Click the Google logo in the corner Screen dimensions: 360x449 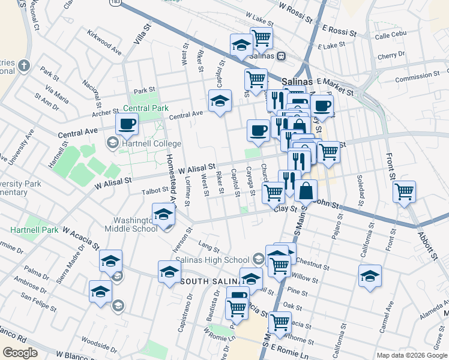point(20,353)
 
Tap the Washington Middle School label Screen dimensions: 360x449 point(131,224)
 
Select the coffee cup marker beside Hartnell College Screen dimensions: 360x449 point(127,125)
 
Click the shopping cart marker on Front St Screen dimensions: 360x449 point(405,192)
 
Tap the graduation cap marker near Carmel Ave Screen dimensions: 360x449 point(370,276)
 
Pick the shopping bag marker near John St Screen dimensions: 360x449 point(306,191)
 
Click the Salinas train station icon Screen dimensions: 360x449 point(281,56)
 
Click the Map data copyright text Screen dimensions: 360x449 point(411,355)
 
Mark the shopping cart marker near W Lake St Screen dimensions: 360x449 point(261,38)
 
